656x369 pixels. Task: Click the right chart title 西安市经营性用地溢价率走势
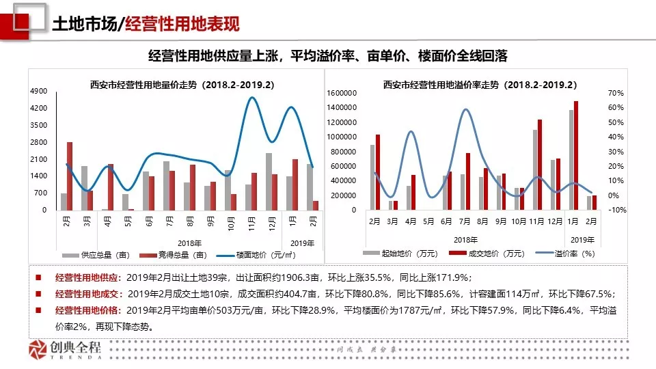480,85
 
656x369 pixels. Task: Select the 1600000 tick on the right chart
341,93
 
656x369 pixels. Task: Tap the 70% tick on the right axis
616,93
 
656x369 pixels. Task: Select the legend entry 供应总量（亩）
98,254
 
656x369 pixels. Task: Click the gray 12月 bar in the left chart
269,181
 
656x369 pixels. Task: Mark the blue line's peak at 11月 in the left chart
252,98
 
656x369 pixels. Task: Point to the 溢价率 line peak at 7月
465,109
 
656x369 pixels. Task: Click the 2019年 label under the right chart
582,239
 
